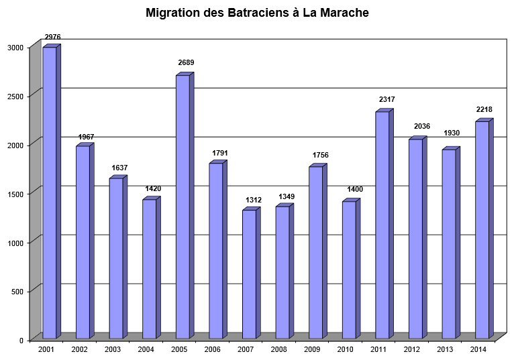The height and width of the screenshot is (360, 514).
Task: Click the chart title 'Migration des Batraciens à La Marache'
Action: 257,13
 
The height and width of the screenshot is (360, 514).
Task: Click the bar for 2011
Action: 382,225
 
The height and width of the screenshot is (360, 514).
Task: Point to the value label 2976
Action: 52,37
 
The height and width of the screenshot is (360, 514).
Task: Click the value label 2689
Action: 186,63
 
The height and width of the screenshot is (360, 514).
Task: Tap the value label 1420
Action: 153,189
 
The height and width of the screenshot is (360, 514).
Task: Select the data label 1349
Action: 287,196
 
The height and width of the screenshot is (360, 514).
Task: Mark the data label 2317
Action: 386,101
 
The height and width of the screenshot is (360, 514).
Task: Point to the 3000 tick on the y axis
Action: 15,48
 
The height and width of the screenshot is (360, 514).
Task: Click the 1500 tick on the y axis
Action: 15,194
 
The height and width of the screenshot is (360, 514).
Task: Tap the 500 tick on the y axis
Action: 17,292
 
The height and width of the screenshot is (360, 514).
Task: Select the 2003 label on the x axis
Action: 113,350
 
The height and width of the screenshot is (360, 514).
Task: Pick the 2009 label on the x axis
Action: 312,350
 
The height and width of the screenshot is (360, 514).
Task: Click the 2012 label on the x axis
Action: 412,350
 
